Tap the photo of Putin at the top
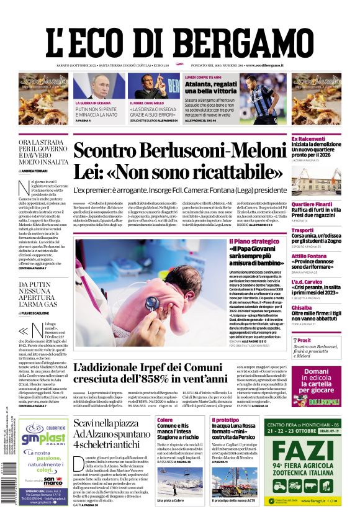(x=99, y=87)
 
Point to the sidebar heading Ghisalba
(x=302, y=307)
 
